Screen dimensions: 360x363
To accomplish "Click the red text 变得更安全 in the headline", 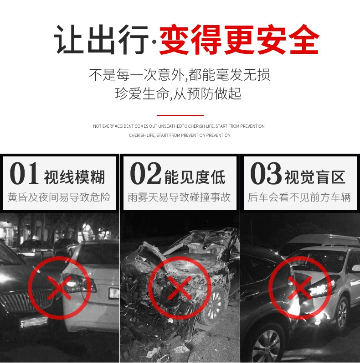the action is point(239,40).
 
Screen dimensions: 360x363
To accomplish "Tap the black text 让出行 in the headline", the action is point(101,40).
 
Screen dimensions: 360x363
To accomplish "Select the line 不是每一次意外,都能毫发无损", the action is point(180,75).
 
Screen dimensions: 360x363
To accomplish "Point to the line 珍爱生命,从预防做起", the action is point(178,94).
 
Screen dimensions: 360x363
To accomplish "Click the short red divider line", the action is point(180,115).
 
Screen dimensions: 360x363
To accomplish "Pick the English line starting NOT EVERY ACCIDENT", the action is point(179,126).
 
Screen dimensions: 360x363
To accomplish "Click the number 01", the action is point(24,173).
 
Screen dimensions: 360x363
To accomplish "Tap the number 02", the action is point(145,173).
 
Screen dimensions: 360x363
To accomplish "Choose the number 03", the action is point(266,173).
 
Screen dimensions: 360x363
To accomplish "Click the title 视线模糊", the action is point(74,177).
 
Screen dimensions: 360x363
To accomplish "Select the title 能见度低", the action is point(195,177).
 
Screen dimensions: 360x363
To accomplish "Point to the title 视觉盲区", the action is point(315,177).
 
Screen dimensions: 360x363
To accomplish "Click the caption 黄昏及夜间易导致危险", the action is point(59,197).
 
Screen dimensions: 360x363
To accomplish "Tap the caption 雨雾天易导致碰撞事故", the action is point(179,197).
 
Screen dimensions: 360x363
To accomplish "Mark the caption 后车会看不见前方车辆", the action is point(299,197).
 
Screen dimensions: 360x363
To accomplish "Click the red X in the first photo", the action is point(59,287).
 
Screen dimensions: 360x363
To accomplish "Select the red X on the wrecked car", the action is point(180,288).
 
